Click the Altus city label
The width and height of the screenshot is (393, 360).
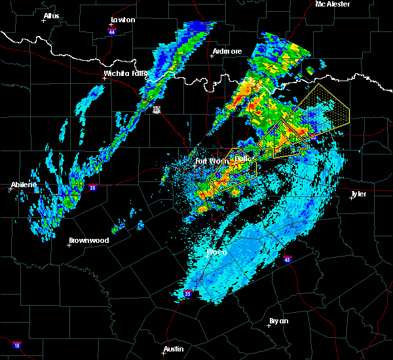51,15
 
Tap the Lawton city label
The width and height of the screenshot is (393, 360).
122,20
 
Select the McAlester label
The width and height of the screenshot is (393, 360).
333,4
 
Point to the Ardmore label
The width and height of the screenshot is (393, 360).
227,51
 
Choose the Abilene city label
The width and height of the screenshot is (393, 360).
24,185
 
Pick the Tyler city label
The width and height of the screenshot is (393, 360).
358,194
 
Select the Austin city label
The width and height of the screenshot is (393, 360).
174,349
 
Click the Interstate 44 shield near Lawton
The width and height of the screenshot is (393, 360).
112,31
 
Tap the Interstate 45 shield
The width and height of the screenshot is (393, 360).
288,260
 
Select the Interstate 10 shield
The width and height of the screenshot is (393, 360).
16,345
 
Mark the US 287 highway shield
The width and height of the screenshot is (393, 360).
157,110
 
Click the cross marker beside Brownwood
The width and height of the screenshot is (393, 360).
70,245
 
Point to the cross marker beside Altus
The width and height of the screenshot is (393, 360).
44,20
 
